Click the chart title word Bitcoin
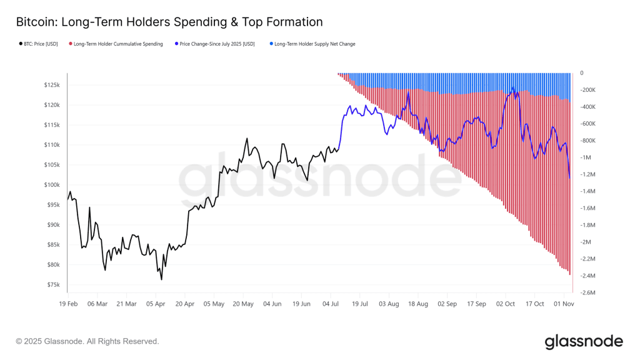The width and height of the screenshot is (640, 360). coord(35,22)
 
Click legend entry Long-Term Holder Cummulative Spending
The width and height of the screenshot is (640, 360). coord(118,44)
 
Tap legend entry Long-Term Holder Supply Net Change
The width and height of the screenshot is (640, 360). coord(314,44)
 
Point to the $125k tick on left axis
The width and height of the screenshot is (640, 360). coord(51,85)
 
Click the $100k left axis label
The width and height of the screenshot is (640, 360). coord(51,185)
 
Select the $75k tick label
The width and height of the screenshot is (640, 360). coord(52,285)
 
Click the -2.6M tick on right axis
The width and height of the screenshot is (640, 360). coord(589,292)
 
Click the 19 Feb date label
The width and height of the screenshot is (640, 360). coord(68,304)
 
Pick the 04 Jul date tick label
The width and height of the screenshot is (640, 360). coord(331,304)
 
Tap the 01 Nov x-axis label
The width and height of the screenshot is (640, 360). coord(564,304)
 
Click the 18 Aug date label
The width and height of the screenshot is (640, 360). coord(418,304)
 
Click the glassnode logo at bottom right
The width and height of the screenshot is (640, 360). coord(583,342)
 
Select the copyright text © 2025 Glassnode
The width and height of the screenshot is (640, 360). coord(87,341)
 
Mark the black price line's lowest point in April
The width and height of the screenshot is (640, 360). coord(161,279)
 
